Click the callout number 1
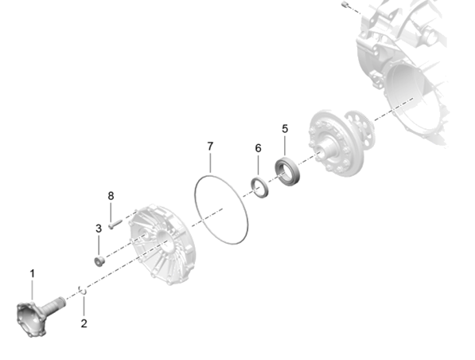click(32, 273)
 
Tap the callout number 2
click(84, 323)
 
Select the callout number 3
click(99, 229)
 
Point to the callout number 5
click(285, 128)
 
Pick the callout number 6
click(258, 148)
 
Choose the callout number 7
click(210, 147)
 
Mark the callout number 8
click(111, 196)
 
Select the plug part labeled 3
click(99, 260)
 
